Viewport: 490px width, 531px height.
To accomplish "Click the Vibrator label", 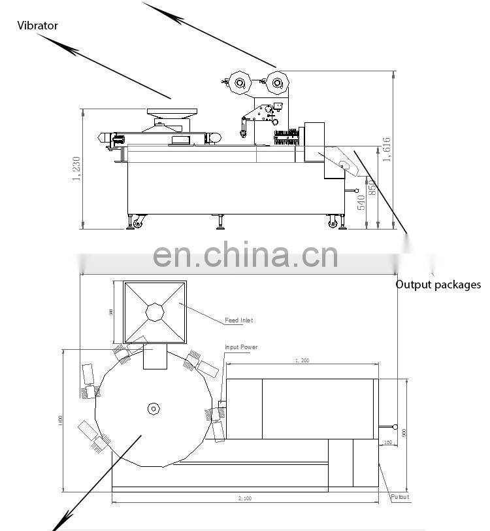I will tap(37, 26).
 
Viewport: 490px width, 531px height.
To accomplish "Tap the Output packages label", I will tap(438, 284).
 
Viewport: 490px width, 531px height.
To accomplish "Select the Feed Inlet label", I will tap(238, 320).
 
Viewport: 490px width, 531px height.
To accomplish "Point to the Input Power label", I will tap(241, 347).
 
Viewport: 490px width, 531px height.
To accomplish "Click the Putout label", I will tap(400, 497).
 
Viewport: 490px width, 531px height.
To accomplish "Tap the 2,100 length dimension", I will tap(245, 499).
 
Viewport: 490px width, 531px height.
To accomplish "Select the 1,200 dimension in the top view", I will tap(301, 360).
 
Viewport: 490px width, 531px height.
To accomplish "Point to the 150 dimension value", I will tap(387, 443).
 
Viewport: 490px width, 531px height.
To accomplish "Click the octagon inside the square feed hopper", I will tap(155, 312).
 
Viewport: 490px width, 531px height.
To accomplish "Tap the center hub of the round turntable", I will tap(152, 408).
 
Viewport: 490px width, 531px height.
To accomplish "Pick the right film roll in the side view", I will tap(277, 82).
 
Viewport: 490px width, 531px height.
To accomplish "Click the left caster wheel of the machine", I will tap(137, 224).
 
